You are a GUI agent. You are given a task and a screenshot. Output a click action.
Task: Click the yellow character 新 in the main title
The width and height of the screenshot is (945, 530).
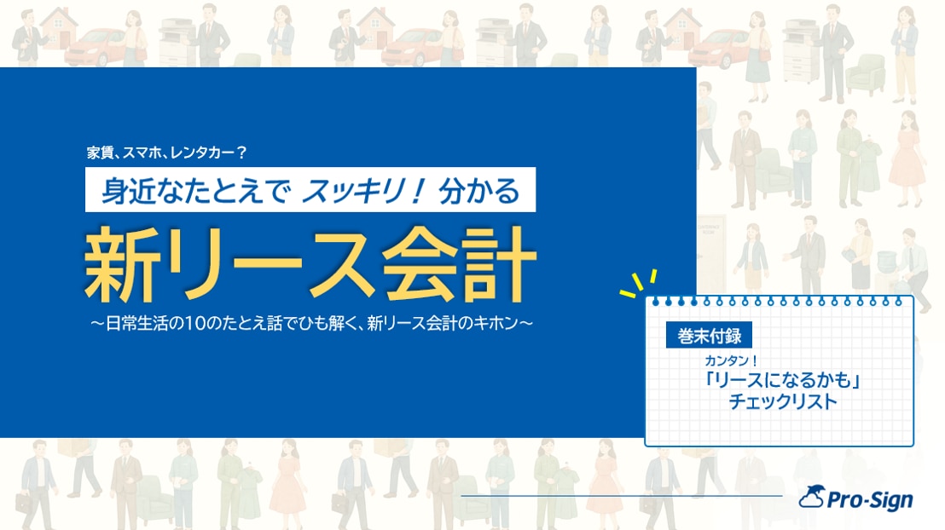point(122,264)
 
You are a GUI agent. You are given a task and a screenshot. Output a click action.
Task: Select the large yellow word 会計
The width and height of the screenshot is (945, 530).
point(459,264)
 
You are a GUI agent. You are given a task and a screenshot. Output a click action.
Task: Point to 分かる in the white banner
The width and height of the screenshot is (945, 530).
point(479,191)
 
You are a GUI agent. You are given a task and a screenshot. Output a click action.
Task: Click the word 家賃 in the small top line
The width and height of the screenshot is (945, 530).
point(100,153)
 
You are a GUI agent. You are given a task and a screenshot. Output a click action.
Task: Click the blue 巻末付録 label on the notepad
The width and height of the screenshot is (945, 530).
point(709,336)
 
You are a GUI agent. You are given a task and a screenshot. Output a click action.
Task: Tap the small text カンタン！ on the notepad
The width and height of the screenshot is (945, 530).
point(731,360)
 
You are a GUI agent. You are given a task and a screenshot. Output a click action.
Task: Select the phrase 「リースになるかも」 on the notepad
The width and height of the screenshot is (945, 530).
point(782,380)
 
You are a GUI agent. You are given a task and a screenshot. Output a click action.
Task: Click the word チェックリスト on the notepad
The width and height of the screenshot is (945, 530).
point(782,401)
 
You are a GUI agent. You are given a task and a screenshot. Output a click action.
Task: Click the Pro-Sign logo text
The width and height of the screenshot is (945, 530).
point(870,500)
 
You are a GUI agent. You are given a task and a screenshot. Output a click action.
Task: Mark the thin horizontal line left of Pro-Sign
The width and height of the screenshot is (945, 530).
point(622,496)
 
